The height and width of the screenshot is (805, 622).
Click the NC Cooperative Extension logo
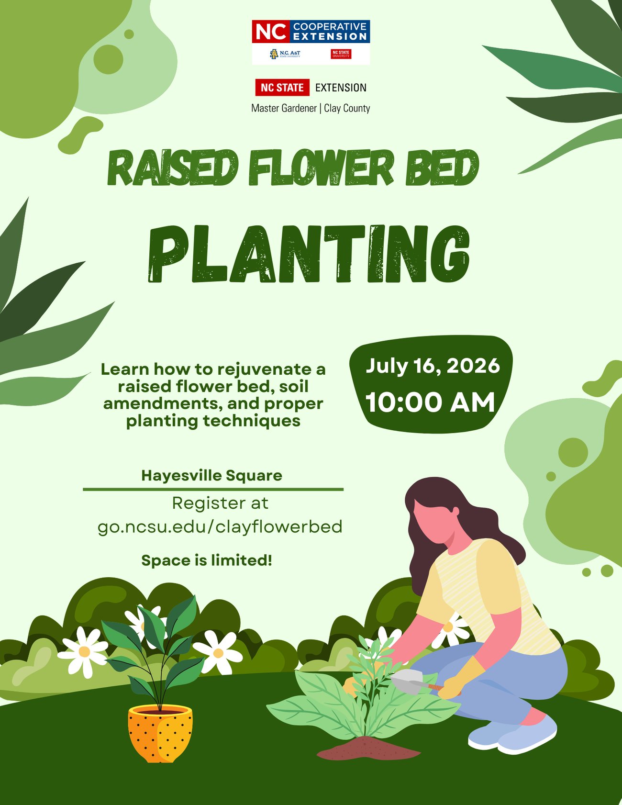(x=311, y=42)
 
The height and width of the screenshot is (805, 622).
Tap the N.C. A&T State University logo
(x=285, y=54)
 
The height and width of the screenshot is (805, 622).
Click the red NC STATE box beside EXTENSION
(x=282, y=88)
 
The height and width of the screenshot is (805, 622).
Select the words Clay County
(x=347, y=108)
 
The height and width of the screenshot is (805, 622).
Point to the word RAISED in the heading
(x=174, y=168)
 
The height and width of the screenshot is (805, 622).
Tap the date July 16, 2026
(x=433, y=366)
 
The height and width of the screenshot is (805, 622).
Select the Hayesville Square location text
(x=211, y=476)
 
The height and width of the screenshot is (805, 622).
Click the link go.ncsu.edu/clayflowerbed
(x=220, y=526)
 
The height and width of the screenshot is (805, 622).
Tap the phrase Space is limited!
(x=207, y=560)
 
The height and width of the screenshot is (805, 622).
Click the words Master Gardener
(x=284, y=108)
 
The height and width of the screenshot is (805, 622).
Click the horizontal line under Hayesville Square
(x=213, y=490)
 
